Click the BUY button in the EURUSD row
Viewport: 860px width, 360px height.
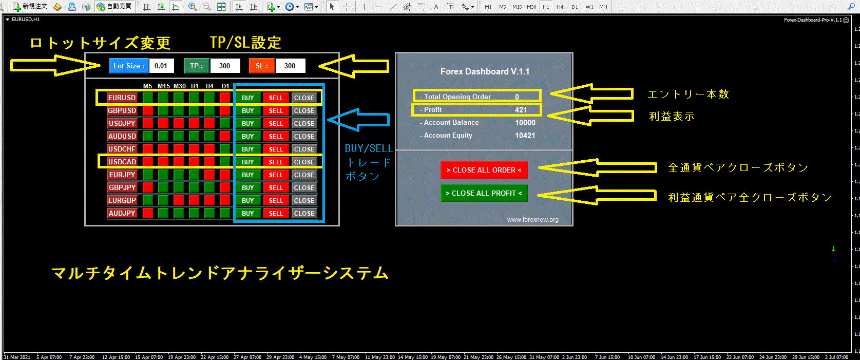click(248, 98)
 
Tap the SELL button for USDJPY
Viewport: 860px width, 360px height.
click(276, 123)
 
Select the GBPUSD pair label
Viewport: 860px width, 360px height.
click(122, 110)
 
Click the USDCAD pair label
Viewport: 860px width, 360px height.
click(122, 162)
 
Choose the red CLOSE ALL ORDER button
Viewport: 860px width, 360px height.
click(484, 170)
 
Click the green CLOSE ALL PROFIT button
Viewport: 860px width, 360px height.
click(484, 193)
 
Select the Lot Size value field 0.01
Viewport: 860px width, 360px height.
click(161, 66)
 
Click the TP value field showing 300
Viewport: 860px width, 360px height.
click(224, 66)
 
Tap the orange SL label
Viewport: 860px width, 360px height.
click(262, 66)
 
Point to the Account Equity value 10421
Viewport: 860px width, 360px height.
click(525, 136)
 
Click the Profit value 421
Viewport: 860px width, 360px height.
click(521, 109)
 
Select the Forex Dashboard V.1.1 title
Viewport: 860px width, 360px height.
click(485, 71)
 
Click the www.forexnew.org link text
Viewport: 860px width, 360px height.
click(532, 220)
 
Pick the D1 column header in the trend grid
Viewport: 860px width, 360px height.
click(225, 86)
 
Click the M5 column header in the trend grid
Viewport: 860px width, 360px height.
click(147, 86)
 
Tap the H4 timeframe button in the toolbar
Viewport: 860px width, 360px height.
click(560, 7)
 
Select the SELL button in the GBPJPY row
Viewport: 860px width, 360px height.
click(276, 187)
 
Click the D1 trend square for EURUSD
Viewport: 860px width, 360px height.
click(225, 98)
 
